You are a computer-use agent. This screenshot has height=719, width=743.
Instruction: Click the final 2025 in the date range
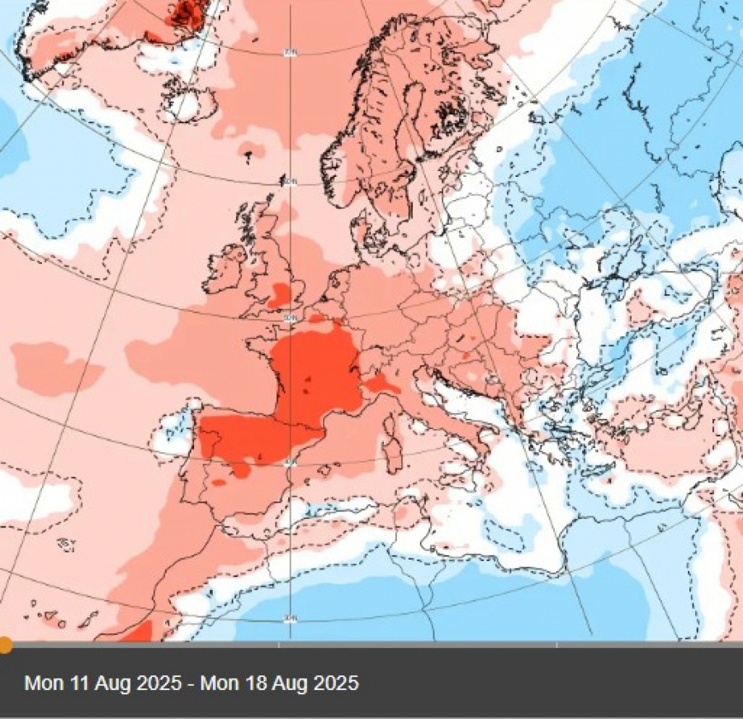click(328, 683)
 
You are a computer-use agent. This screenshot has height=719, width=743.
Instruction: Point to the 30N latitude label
click(290, 618)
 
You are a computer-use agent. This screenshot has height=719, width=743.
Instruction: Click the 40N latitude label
click(290, 462)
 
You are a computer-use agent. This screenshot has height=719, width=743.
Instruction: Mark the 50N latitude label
click(291, 317)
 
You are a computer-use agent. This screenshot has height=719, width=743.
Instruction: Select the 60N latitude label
click(291, 181)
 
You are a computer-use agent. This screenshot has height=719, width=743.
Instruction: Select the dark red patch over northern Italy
click(382, 383)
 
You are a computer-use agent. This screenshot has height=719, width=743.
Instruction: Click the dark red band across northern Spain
click(248, 438)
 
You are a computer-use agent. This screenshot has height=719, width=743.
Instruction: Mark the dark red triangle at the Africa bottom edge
click(138, 632)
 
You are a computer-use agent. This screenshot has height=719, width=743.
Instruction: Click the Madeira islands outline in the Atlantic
click(67, 543)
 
